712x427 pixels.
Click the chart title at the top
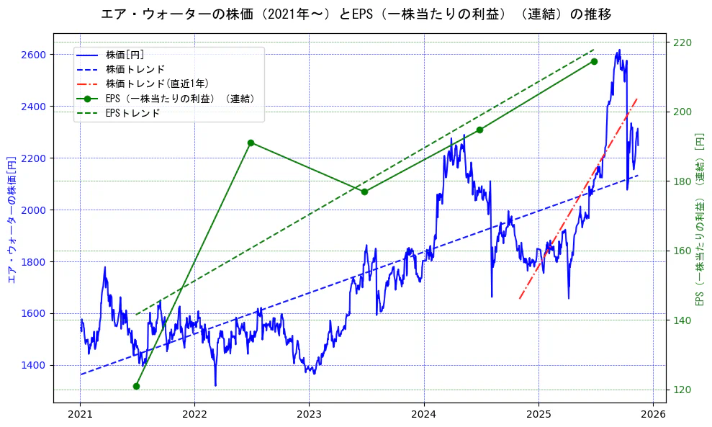point(356,14)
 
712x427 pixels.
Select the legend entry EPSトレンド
point(132,113)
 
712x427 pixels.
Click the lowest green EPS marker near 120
point(136,387)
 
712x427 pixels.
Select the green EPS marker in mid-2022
point(251,143)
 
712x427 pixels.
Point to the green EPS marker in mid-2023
point(365,192)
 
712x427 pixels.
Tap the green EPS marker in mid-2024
point(479,130)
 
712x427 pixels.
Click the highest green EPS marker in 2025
point(594,61)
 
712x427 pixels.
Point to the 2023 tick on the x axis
point(309,415)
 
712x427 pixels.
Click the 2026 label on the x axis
point(652,415)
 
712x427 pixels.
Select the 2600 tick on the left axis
point(33,55)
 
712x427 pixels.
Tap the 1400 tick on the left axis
point(33,365)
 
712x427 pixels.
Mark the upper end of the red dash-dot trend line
point(637,98)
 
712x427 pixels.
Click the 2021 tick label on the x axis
point(80,415)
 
